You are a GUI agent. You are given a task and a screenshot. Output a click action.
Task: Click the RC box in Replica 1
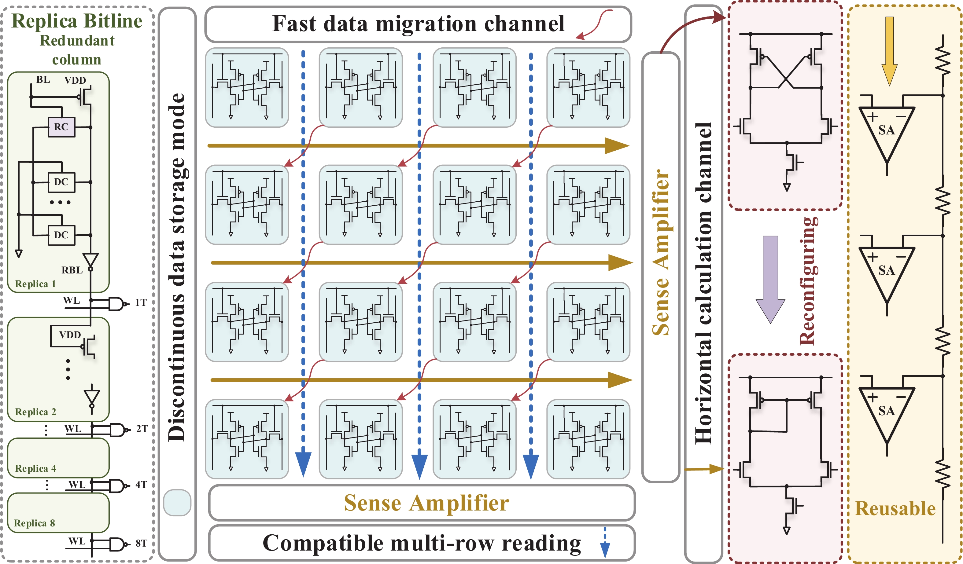(x=61, y=127)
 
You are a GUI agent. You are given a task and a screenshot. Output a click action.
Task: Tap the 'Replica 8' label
(x=34, y=523)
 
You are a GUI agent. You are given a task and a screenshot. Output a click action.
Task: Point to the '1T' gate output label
(x=141, y=302)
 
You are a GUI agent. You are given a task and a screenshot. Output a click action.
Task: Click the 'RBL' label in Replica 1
(x=72, y=270)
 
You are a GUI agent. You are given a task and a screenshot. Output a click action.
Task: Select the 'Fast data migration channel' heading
(x=418, y=24)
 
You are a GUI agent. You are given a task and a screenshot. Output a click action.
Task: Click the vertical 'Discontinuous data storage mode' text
(x=177, y=267)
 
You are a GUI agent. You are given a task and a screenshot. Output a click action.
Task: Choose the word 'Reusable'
(x=895, y=509)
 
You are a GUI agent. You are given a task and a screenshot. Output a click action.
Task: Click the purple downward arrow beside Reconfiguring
(x=770, y=279)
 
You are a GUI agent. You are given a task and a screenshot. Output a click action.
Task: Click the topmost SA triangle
(x=887, y=130)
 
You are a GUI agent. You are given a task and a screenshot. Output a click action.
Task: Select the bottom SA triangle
(x=887, y=411)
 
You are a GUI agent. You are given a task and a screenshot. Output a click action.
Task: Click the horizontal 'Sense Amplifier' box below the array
(x=422, y=503)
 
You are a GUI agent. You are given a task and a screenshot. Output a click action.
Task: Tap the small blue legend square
(x=177, y=503)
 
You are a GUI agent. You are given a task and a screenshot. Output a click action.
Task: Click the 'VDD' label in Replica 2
(x=70, y=335)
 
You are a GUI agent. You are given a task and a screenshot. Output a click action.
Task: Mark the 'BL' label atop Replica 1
(x=43, y=79)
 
